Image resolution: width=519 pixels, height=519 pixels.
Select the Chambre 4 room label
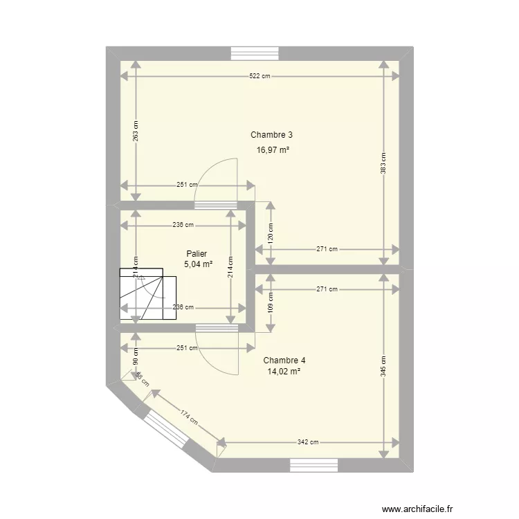(284, 361)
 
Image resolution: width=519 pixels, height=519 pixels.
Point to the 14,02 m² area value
(284, 372)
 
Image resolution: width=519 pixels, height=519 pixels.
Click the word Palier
(197, 254)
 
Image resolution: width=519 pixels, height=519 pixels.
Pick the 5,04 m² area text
(197, 264)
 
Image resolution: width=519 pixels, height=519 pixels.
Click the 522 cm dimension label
(259, 76)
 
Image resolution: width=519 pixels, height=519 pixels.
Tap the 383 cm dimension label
(384, 163)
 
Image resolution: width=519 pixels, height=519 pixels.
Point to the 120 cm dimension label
(271, 233)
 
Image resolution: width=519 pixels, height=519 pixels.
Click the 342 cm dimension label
(309, 442)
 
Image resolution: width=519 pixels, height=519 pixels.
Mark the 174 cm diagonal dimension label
(187, 417)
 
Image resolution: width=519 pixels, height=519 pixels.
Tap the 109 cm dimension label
(271, 302)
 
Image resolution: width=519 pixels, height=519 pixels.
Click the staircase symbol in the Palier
(148, 294)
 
